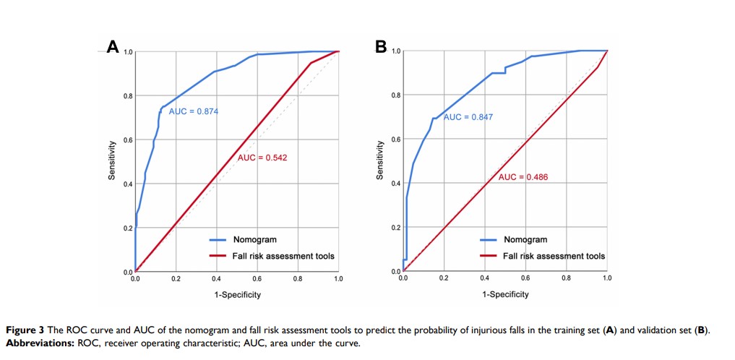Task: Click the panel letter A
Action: click(112, 48)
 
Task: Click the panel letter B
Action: click(382, 47)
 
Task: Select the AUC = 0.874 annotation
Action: click(193, 111)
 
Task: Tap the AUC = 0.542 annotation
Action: click(262, 158)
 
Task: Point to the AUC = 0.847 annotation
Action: click(468, 117)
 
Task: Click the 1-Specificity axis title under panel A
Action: click(237, 295)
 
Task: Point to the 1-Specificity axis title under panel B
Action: click(505, 295)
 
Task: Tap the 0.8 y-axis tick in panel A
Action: click(127, 96)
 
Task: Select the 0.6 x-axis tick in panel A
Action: click(257, 279)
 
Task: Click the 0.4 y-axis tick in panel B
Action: click(396, 184)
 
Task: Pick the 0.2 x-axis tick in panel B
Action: click(444, 279)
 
